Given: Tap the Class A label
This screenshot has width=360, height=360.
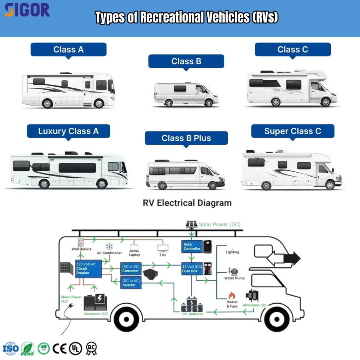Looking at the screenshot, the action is tap(68, 49).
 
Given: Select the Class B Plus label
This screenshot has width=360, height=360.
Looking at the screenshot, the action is tap(186, 138).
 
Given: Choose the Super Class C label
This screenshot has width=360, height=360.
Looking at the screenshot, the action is tap(292, 131).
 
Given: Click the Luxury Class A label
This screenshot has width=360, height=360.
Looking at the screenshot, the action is tap(68, 131).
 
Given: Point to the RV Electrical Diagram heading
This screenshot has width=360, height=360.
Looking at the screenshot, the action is tap(187, 203).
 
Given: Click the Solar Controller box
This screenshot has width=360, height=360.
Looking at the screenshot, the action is tap(192, 246).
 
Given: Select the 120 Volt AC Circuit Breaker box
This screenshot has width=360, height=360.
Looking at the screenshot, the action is tap(88, 268).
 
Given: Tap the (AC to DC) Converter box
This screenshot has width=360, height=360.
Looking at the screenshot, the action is tap(130, 268).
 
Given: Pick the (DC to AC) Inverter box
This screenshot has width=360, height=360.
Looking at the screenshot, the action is tap(130, 282).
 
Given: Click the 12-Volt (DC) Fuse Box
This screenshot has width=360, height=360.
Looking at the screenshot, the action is tap(192, 268).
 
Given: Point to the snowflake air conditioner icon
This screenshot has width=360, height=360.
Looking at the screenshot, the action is tap(109, 246).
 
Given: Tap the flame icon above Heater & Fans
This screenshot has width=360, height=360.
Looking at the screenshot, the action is tap(232, 295).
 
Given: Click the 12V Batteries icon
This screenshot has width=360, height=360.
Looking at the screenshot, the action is tap(192, 304).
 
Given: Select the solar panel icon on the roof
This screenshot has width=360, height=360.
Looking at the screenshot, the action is tap(192, 224).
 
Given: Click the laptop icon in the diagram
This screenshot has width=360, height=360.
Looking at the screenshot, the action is tap(135, 248).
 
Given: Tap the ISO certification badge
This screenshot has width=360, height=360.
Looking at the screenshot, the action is tap(10, 349).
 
